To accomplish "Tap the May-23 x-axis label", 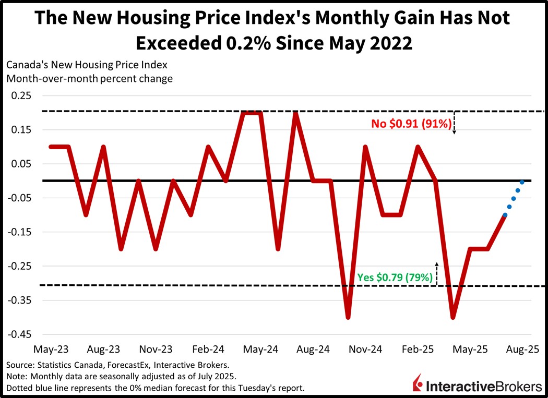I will coord(51,348).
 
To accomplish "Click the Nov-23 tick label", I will coord(156,348).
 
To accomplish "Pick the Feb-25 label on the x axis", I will coord(419,348).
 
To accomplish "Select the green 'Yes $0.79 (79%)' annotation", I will coord(395,278).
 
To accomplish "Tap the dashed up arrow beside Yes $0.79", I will coord(437,273).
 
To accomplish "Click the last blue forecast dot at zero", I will coord(522,182).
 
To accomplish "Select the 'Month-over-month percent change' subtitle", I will coord(89,79).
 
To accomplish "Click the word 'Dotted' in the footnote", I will coord(19,388).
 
